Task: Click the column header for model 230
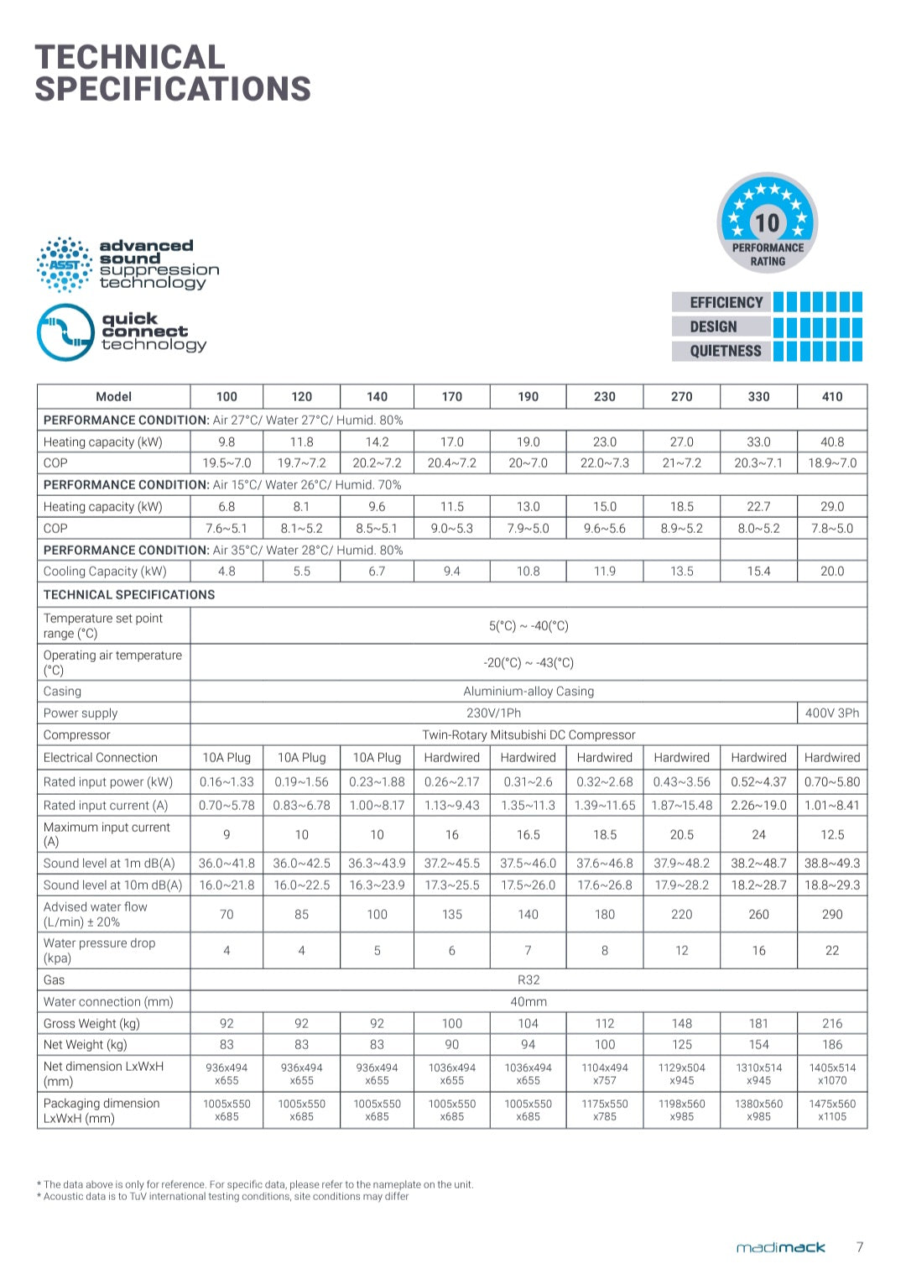coord(604,396)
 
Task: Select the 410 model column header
coord(831,396)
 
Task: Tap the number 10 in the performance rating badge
coord(767,222)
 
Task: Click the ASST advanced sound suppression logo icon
coord(65,264)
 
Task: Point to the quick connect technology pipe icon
coord(65,332)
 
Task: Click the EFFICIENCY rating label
coord(726,302)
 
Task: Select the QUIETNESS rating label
coord(726,351)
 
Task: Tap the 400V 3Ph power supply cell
coord(831,713)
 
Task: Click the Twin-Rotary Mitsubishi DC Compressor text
coord(528,734)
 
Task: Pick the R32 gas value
coord(528,979)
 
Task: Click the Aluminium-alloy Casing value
coord(528,691)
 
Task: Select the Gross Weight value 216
coord(831,1023)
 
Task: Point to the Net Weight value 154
coord(758,1044)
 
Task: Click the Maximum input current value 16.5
coord(528,834)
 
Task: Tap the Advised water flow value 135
coord(452,914)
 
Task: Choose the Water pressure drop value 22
coord(831,950)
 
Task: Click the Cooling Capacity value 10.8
coord(528,571)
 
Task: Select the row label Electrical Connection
coord(101,757)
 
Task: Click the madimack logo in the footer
coord(780,1247)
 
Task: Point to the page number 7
coord(859,1247)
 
